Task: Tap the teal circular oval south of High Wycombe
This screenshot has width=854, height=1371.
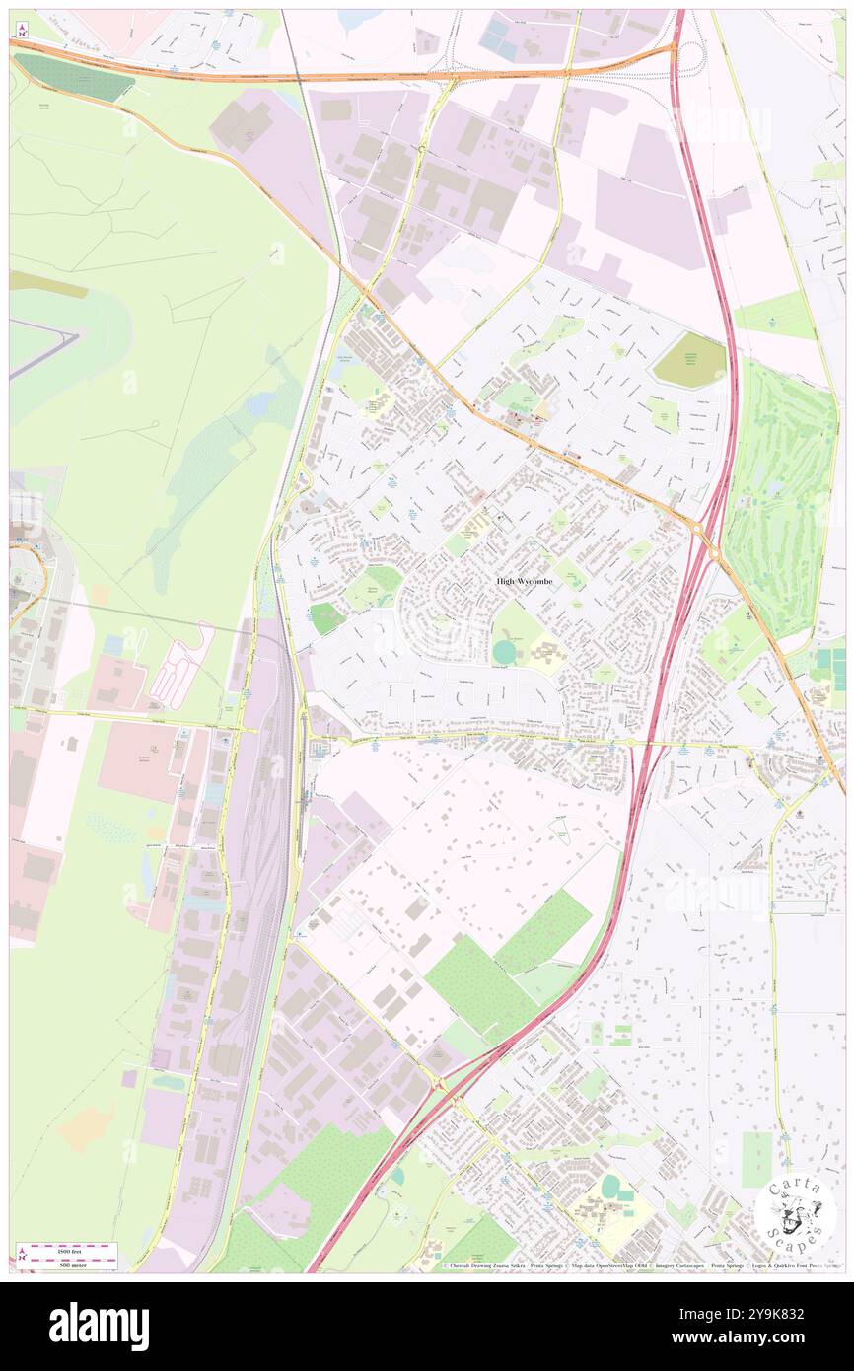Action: pos(504,652)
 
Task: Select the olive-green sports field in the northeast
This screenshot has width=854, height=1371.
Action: pos(688,360)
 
